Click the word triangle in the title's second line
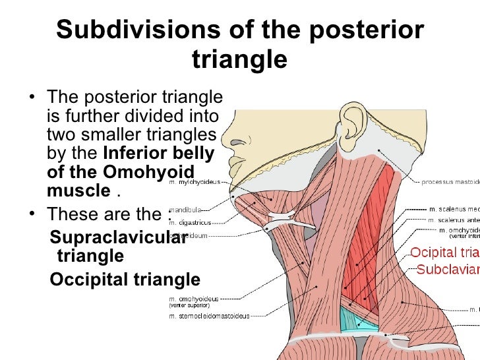(239, 59)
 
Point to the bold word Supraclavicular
(118, 237)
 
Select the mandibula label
(186, 210)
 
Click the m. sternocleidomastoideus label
(209, 316)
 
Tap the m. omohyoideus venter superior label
(193, 302)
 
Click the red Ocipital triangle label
(445, 253)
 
